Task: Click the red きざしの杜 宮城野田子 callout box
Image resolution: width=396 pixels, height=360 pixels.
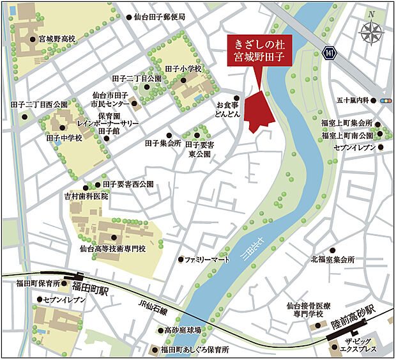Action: (259, 51)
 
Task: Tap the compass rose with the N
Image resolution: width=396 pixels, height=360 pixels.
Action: (370, 33)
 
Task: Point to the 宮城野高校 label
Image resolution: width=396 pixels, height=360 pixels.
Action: (57, 39)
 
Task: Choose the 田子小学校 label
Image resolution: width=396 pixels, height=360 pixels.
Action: (183, 68)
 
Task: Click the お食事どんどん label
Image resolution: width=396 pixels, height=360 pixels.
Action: (228, 108)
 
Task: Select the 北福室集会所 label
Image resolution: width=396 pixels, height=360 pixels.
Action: (332, 260)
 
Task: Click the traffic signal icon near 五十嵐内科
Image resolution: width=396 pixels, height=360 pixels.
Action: (385, 101)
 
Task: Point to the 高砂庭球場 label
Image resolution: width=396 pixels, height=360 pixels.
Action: (183, 331)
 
